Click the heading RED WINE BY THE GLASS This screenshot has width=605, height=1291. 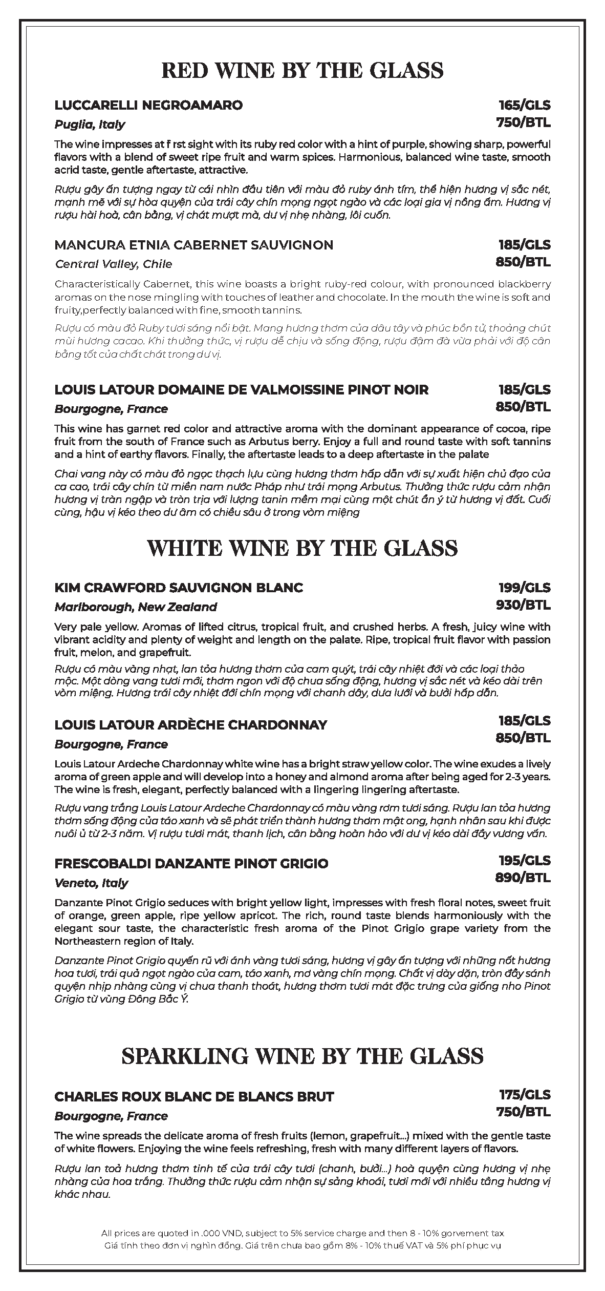pyautogui.click(x=302, y=70)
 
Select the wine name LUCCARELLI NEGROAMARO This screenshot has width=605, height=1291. pyautogui.click(x=148, y=106)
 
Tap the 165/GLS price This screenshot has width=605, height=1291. pyautogui.click(x=525, y=106)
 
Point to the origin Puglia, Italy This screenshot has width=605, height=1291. pyautogui.click(x=90, y=124)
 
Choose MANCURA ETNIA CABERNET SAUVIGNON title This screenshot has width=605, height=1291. pyautogui.click(x=193, y=245)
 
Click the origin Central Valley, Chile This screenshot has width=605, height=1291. pyautogui.click(x=113, y=264)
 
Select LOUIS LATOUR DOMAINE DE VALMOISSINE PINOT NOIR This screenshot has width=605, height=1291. pyautogui.click(x=241, y=390)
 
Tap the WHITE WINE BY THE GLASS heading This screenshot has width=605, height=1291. pyautogui.click(x=302, y=549)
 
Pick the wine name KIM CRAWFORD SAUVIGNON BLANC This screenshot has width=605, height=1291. pyautogui.click(x=179, y=588)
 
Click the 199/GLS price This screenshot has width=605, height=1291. pyautogui.click(x=525, y=588)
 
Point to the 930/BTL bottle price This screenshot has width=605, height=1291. pyautogui.click(x=523, y=605)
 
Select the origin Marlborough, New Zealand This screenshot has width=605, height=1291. pyautogui.click(x=136, y=607)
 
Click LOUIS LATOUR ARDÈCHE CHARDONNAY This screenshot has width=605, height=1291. pyautogui.click(x=190, y=725)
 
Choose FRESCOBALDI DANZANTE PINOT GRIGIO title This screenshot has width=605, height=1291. pyautogui.click(x=191, y=864)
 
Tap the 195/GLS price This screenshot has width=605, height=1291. pyautogui.click(x=525, y=860)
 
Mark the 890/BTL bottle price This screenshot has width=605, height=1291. pyautogui.click(x=523, y=878)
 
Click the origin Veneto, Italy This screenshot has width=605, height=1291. pyautogui.click(x=91, y=883)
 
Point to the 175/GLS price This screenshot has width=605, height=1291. pyautogui.click(x=525, y=1095)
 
